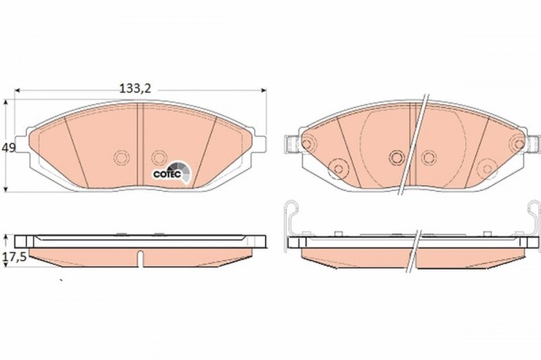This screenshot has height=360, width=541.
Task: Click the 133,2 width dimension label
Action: pyautogui.click(x=134, y=88)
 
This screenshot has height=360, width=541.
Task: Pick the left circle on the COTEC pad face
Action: pyautogui.click(x=121, y=158)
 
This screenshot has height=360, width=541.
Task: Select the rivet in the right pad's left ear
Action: pyautogui.click(x=307, y=144)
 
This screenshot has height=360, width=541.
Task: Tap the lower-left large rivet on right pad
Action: pyautogui.click(x=337, y=168)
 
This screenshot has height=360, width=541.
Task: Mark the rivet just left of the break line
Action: pyautogui.click(x=396, y=158)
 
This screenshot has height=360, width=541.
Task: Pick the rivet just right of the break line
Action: pyautogui.click(x=427, y=158)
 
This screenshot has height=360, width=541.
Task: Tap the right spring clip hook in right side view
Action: pyautogui.click(x=534, y=216)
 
